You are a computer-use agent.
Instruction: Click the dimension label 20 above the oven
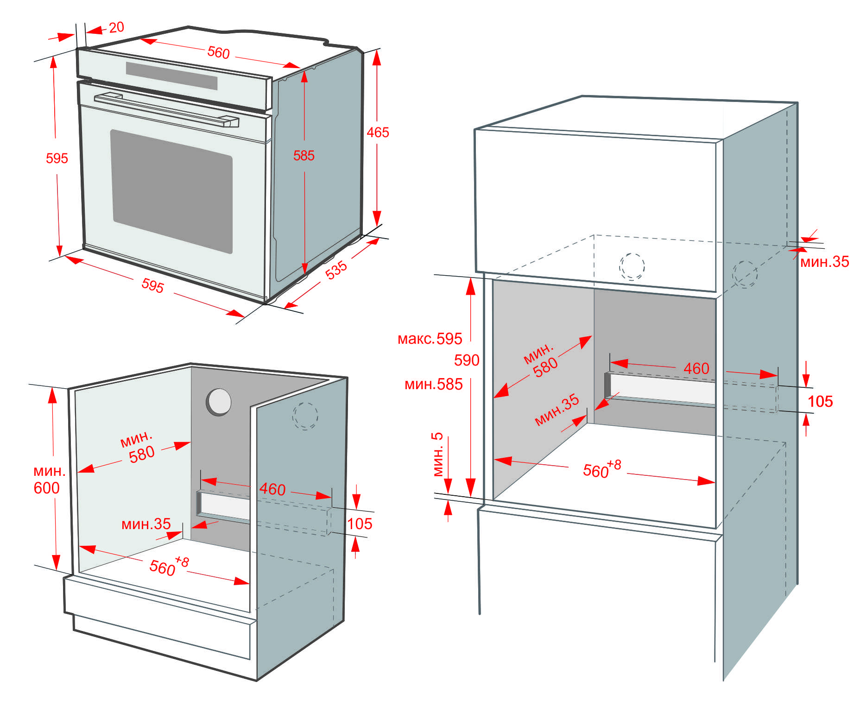(116, 27)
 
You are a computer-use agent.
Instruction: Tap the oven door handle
(167, 110)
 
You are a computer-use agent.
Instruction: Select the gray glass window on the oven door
(171, 191)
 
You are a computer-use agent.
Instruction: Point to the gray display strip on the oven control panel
(171, 76)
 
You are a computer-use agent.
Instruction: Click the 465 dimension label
(378, 133)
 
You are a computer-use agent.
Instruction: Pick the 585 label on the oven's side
(304, 156)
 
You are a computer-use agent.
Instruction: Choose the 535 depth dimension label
(336, 270)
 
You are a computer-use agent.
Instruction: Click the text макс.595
(430, 339)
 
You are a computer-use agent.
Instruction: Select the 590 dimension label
(466, 360)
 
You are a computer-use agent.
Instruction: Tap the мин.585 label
(433, 384)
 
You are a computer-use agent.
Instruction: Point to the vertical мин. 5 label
(438, 454)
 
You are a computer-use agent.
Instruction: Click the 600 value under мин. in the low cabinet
(46, 488)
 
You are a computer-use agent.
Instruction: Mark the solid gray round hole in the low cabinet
(219, 402)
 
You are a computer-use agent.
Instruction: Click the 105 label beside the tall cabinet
(820, 401)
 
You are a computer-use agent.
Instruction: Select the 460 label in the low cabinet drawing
(272, 489)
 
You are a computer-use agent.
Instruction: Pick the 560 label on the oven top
(218, 52)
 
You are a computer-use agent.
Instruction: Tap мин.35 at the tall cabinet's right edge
(824, 262)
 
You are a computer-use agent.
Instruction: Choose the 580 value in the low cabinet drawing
(141, 454)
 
